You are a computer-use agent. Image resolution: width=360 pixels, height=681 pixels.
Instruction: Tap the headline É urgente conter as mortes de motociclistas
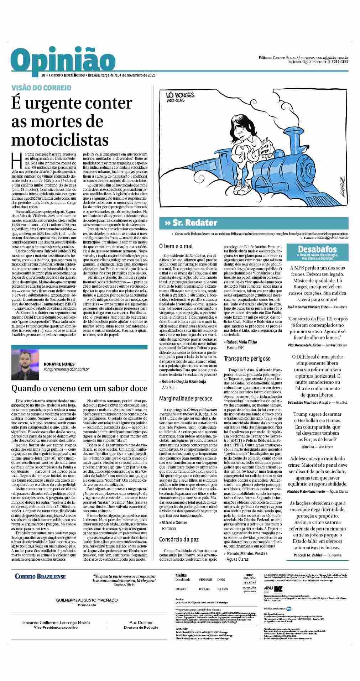71,121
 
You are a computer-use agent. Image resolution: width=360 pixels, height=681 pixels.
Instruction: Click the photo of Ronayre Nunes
25,365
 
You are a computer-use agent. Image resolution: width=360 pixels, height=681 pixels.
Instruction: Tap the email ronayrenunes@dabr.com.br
66,370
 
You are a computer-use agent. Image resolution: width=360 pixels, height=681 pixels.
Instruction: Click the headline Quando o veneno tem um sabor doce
79,387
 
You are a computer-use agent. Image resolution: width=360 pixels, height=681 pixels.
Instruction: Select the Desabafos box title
317,249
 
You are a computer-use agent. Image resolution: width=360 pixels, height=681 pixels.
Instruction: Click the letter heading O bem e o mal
176,246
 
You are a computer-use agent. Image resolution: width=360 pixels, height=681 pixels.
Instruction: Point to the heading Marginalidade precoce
186,398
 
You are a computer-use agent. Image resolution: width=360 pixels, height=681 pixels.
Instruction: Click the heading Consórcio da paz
179,539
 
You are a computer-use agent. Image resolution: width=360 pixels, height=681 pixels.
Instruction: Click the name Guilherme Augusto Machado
87,600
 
